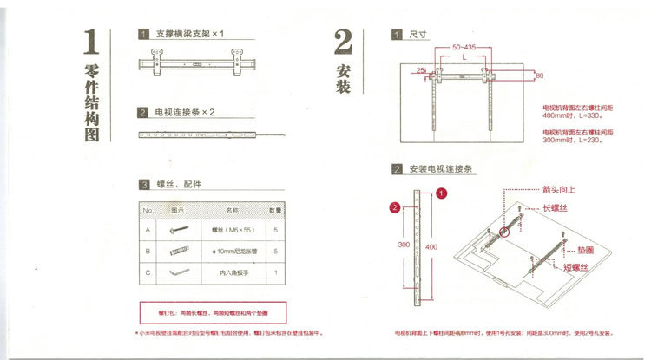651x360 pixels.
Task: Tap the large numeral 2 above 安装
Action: pos(342,43)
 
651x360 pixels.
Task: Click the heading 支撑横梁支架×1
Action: pos(190,34)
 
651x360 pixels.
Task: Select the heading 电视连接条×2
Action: pos(184,113)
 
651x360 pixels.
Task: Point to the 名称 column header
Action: pos(232,210)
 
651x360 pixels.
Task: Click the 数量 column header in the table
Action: pos(274,210)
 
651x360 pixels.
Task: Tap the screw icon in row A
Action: pos(179,231)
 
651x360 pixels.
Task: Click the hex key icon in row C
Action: pos(179,272)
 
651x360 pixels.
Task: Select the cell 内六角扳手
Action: pos(232,272)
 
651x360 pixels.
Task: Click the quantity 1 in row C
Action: pos(275,272)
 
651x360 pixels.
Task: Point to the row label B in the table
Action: pos(148,252)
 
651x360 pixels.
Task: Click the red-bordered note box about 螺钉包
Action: pos(214,311)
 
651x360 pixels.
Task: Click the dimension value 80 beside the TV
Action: pos(540,76)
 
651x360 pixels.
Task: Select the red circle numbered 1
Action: pos(442,193)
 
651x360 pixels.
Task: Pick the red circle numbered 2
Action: pos(395,207)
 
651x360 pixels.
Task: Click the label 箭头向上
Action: pos(559,188)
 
